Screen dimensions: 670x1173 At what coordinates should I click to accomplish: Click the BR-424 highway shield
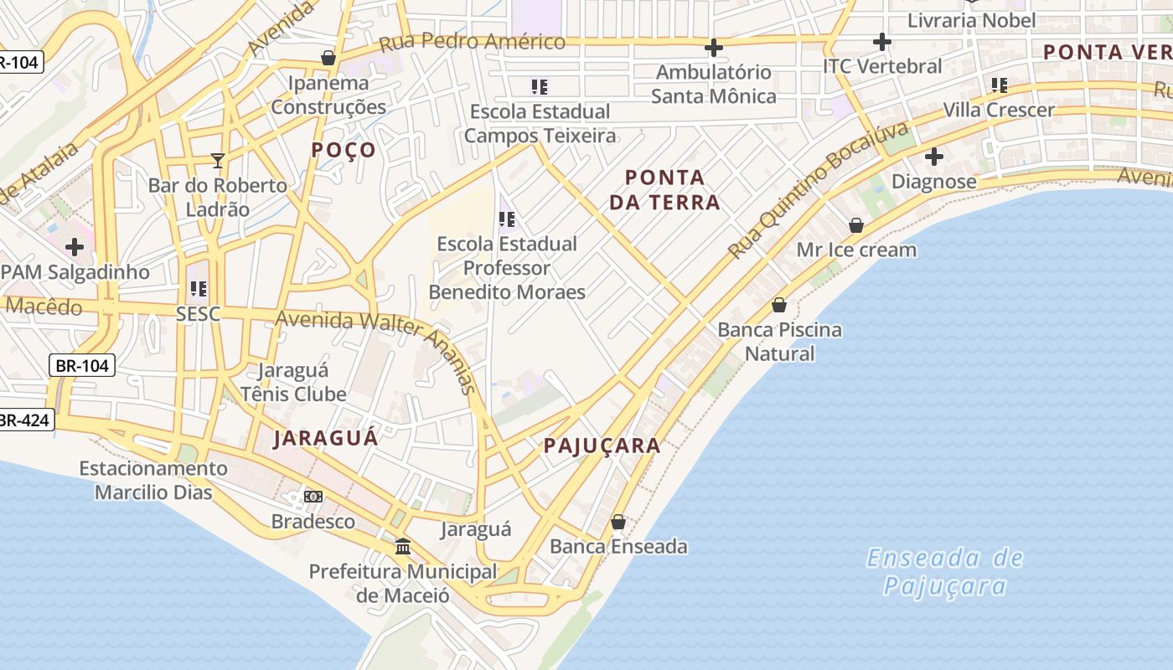click(x=25, y=420)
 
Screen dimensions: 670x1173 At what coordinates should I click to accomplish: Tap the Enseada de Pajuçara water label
click(x=944, y=571)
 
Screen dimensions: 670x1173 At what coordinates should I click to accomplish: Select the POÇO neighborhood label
click(x=344, y=150)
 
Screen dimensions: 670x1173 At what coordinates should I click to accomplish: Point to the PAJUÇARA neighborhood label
click(x=602, y=446)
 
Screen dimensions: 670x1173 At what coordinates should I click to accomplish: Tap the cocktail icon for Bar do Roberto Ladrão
click(x=218, y=160)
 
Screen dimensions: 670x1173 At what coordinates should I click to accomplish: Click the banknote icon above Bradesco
click(x=313, y=497)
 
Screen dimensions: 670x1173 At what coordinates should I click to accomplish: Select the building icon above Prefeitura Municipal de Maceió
click(x=403, y=547)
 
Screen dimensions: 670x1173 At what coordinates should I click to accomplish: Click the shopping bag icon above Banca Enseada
click(x=618, y=522)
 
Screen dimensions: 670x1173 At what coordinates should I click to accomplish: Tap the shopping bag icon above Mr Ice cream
click(x=856, y=225)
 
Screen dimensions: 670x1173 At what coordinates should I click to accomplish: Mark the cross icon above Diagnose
click(x=934, y=157)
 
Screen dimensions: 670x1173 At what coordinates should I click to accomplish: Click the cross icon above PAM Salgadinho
click(x=75, y=247)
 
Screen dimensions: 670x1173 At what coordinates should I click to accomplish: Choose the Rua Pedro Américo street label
click(x=473, y=41)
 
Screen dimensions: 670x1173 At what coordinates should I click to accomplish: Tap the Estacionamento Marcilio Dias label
click(x=153, y=480)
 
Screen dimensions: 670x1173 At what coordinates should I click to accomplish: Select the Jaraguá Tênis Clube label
click(x=293, y=382)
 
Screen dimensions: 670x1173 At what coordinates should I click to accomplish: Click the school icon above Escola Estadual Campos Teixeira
click(x=540, y=86)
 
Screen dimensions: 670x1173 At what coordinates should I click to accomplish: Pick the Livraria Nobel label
click(x=972, y=20)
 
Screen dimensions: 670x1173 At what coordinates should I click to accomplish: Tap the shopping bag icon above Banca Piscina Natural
click(x=779, y=305)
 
